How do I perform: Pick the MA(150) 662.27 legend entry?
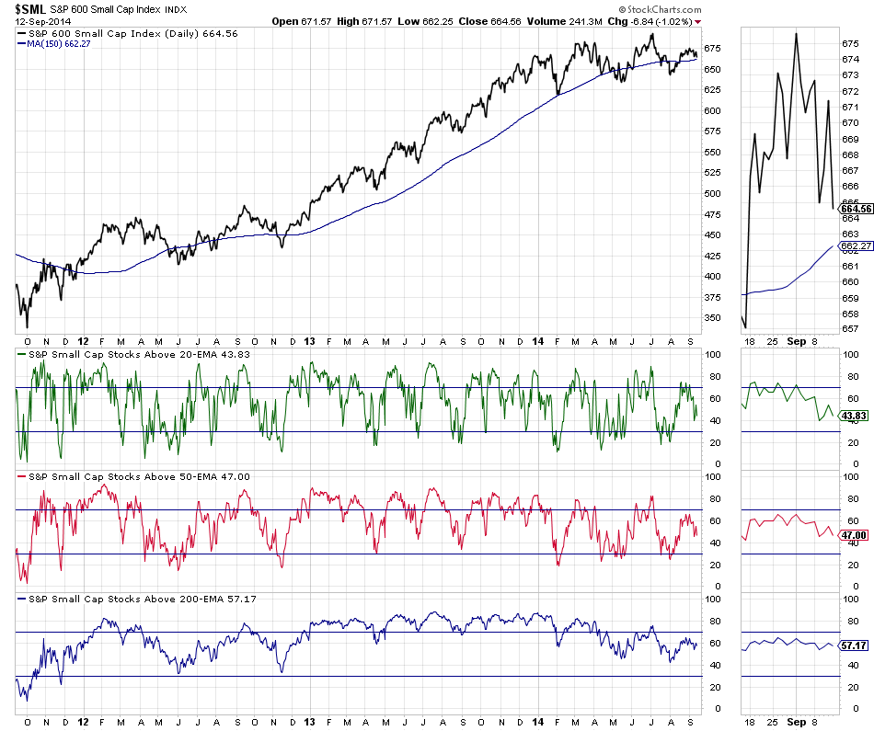(x=61, y=44)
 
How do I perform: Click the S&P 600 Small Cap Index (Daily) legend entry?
(x=128, y=33)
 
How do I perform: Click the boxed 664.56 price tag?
(x=856, y=209)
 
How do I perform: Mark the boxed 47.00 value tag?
(x=856, y=535)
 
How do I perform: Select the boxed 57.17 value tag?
(x=856, y=646)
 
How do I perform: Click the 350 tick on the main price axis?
(x=712, y=317)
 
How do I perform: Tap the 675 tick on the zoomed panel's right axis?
(x=849, y=43)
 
